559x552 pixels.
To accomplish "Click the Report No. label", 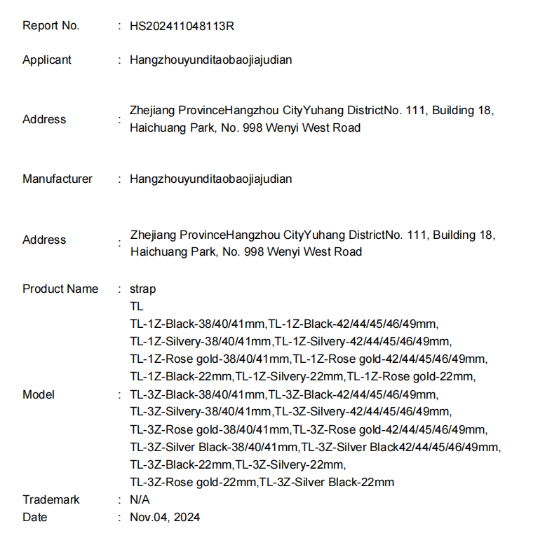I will pos(51,26).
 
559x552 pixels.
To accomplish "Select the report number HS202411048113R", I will pos(182,26).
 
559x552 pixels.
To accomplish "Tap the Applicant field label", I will pos(47,60).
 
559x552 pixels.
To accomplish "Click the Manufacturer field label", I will pos(58,179).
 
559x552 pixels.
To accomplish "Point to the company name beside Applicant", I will pos(210,60).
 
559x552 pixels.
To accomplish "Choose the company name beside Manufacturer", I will pos(210,179).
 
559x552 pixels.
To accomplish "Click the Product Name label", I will pos(60,289).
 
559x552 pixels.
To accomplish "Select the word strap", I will pos(143,289).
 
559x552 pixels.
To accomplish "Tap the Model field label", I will pos(39,395).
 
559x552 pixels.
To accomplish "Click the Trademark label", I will pos(51,500).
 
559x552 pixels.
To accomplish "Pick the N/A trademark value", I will pos(140,500).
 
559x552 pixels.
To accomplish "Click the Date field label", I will pos(35,518).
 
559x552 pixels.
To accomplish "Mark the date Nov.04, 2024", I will pos(165,518).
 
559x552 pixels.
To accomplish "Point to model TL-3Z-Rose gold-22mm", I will pos(194,483).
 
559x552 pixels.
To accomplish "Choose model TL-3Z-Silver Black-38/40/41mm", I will pos(214,448).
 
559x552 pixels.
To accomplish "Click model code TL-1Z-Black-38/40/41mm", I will pos(197,324).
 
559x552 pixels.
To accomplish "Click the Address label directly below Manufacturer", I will pos(44,240).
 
